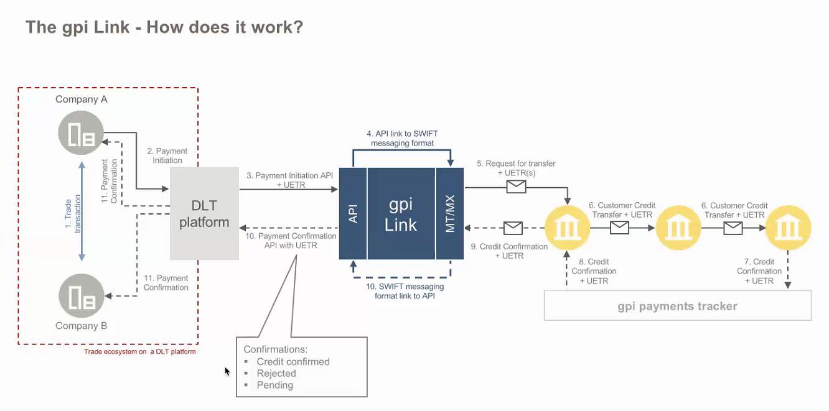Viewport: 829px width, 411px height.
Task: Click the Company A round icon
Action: pos(82,132)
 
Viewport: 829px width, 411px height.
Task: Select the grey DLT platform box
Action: pos(204,213)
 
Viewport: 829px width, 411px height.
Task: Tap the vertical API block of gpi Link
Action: pos(353,213)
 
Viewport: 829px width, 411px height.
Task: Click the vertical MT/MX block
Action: pos(450,213)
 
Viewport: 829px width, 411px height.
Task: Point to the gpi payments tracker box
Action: pos(677,306)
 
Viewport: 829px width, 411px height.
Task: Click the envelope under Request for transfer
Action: pos(516,187)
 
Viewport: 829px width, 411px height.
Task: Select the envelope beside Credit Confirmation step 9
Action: pos(513,228)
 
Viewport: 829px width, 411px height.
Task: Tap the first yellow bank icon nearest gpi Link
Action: pos(567,228)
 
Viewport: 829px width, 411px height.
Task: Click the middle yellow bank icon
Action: pos(678,228)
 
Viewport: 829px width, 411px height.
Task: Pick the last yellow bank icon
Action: pos(788,228)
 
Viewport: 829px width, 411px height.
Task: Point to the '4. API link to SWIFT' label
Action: pos(402,139)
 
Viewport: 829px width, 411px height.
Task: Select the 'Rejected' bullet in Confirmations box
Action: pos(276,373)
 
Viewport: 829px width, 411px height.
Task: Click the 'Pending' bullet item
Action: pos(274,385)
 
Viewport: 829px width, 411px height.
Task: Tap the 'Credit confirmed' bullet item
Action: pos(293,361)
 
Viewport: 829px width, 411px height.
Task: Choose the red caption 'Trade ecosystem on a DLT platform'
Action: pos(140,352)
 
